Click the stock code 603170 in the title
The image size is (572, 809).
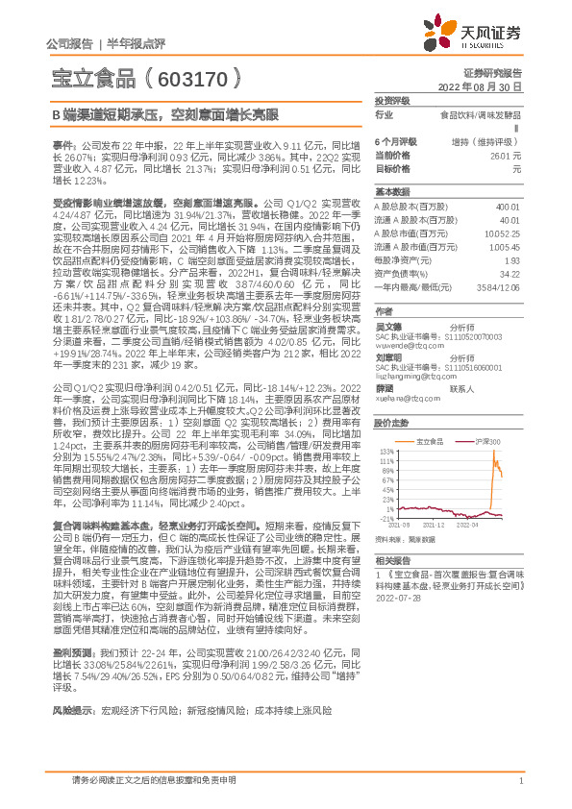[191, 76]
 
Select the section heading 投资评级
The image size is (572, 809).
[392, 100]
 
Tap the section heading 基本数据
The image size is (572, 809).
[392, 190]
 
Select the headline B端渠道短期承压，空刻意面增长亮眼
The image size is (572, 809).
[164, 113]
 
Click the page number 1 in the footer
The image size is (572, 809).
[520, 780]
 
